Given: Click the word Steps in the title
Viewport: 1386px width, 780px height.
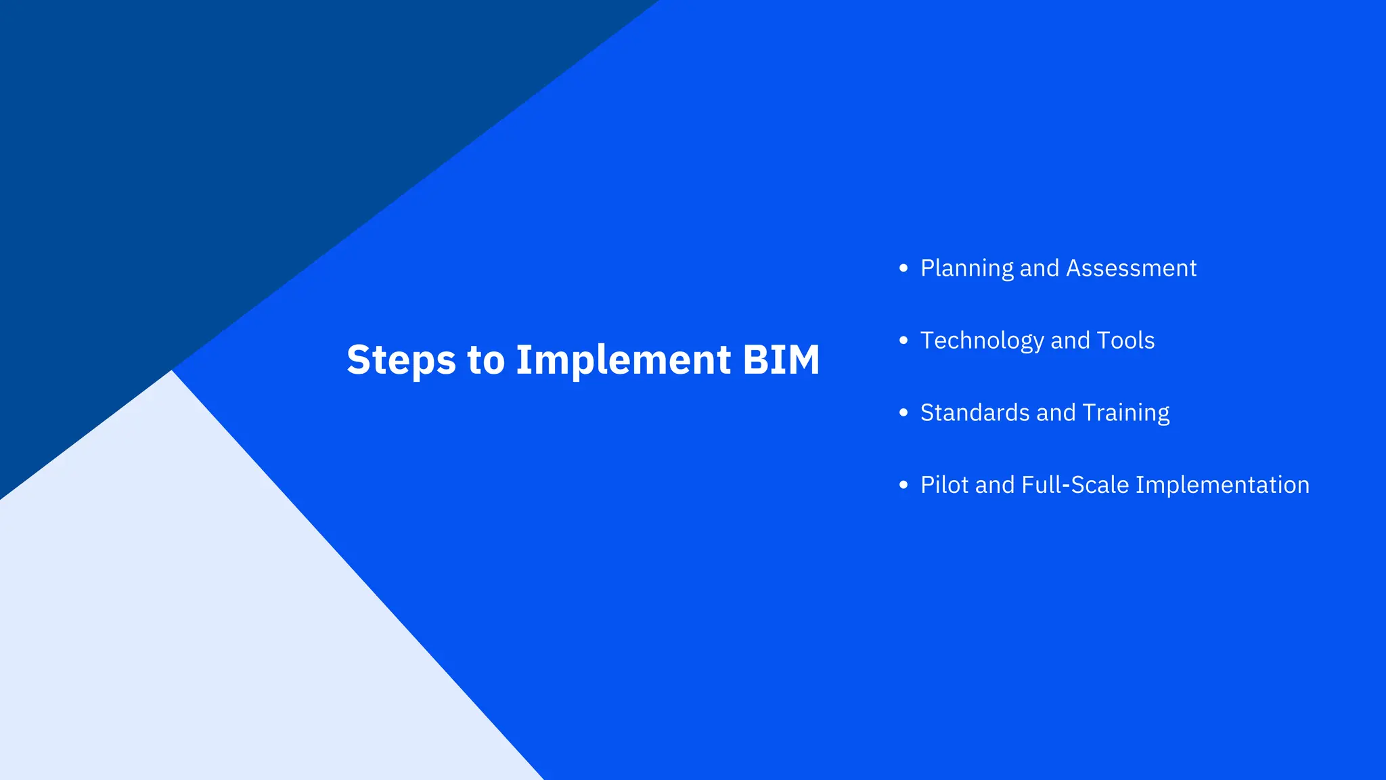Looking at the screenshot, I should click(x=401, y=360).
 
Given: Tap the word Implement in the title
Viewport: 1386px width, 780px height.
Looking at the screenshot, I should click(x=623, y=360).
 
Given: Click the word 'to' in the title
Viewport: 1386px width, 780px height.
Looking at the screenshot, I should click(x=485, y=360).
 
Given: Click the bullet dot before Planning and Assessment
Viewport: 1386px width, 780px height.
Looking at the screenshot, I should click(x=903, y=268).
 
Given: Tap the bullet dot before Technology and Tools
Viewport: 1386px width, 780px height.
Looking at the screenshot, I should click(x=903, y=341).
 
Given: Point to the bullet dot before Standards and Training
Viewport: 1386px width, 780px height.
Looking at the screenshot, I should click(x=903, y=413).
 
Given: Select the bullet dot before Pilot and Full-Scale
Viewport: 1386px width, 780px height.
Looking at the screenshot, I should click(x=903, y=485).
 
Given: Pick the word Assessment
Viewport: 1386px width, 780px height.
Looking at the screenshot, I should click(x=1131, y=269).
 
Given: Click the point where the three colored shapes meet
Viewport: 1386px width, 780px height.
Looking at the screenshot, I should click(x=173, y=370).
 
